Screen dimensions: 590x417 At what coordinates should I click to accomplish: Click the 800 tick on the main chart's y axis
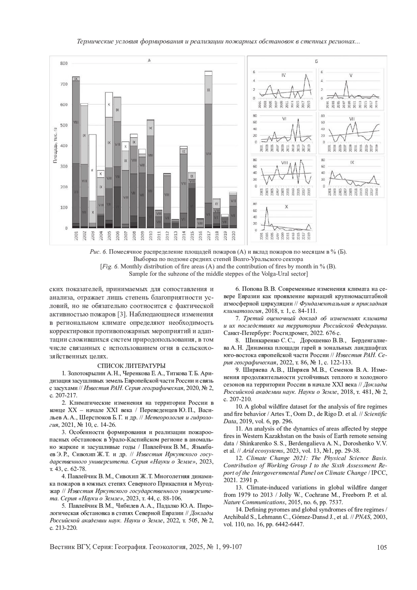pyautogui.click(x=64, y=64)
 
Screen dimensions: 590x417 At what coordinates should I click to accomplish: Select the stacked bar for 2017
pyautogui.click(x=208, y=149)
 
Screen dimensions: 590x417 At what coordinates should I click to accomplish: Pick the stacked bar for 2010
pyautogui.click(x=150, y=174)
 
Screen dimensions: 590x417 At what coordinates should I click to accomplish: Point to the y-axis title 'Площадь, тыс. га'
pyautogui.click(x=55, y=146)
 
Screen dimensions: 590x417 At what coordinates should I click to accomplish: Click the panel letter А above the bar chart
pyautogui.click(x=149, y=60)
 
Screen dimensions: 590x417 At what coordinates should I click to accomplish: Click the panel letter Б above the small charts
pyautogui.click(x=316, y=62)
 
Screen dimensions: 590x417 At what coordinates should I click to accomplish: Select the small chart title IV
pyautogui.click(x=284, y=75)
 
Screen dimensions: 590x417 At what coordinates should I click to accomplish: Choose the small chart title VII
pyautogui.click(x=352, y=119)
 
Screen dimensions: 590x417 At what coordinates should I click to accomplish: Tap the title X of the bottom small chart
pyautogui.click(x=286, y=207)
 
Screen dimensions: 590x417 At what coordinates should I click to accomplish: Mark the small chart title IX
pyautogui.click(x=352, y=162)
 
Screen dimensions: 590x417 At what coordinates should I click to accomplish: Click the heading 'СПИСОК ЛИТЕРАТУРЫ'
pyautogui.click(x=131, y=366)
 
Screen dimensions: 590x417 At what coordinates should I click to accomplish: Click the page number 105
pyautogui.click(x=382, y=548)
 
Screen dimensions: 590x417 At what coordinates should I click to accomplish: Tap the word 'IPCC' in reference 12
pyautogui.click(x=380, y=473)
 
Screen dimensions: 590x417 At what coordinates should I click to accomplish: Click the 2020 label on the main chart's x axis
pyautogui.click(x=233, y=236)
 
